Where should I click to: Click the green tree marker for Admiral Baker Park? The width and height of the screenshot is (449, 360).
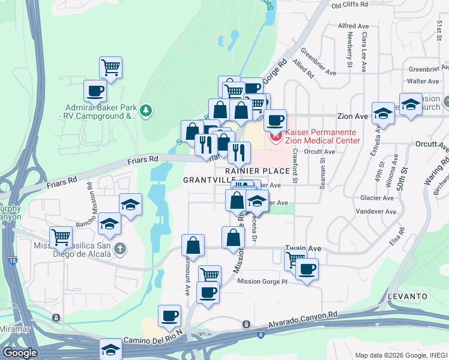[x=145, y=111]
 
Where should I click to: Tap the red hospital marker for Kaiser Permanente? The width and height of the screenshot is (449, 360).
[x=276, y=137]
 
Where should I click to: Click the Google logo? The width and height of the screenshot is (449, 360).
[x=20, y=353]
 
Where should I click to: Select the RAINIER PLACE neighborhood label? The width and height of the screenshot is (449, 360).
[x=258, y=171]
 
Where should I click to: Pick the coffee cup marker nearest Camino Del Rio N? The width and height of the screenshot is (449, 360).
[x=169, y=316]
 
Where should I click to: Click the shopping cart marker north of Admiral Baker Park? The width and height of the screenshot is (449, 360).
[x=111, y=68]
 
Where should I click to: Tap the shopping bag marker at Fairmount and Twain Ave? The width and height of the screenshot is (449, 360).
[x=193, y=245]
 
